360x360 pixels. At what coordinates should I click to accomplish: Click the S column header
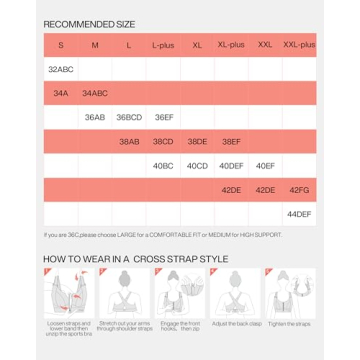[x=60, y=45]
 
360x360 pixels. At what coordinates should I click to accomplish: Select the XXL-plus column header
[x=299, y=45]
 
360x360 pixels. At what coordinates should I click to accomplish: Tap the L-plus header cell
[x=163, y=45]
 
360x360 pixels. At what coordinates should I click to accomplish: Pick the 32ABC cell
[x=60, y=69]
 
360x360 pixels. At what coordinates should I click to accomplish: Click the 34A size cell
[x=60, y=93]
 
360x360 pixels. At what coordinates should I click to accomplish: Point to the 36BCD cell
[x=129, y=117]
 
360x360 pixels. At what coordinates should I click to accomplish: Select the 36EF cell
[x=163, y=117]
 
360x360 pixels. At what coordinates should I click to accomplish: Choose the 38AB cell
[x=129, y=141]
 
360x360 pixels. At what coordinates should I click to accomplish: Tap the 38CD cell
[x=163, y=141]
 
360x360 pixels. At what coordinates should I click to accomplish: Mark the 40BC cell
[x=163, y=165]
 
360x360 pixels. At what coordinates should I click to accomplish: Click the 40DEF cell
[x=231, y=165]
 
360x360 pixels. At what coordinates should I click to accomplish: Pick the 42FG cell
[x=299, y=189]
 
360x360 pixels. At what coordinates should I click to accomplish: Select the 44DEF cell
[x=299, y=213]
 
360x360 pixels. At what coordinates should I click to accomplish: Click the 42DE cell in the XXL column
[x=265, y=189]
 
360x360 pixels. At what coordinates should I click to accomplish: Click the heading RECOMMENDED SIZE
[x=89, y=22]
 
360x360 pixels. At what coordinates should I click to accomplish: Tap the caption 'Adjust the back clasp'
[x=231, y=324]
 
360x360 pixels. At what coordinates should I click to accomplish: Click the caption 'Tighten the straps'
[x=290, y=324]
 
